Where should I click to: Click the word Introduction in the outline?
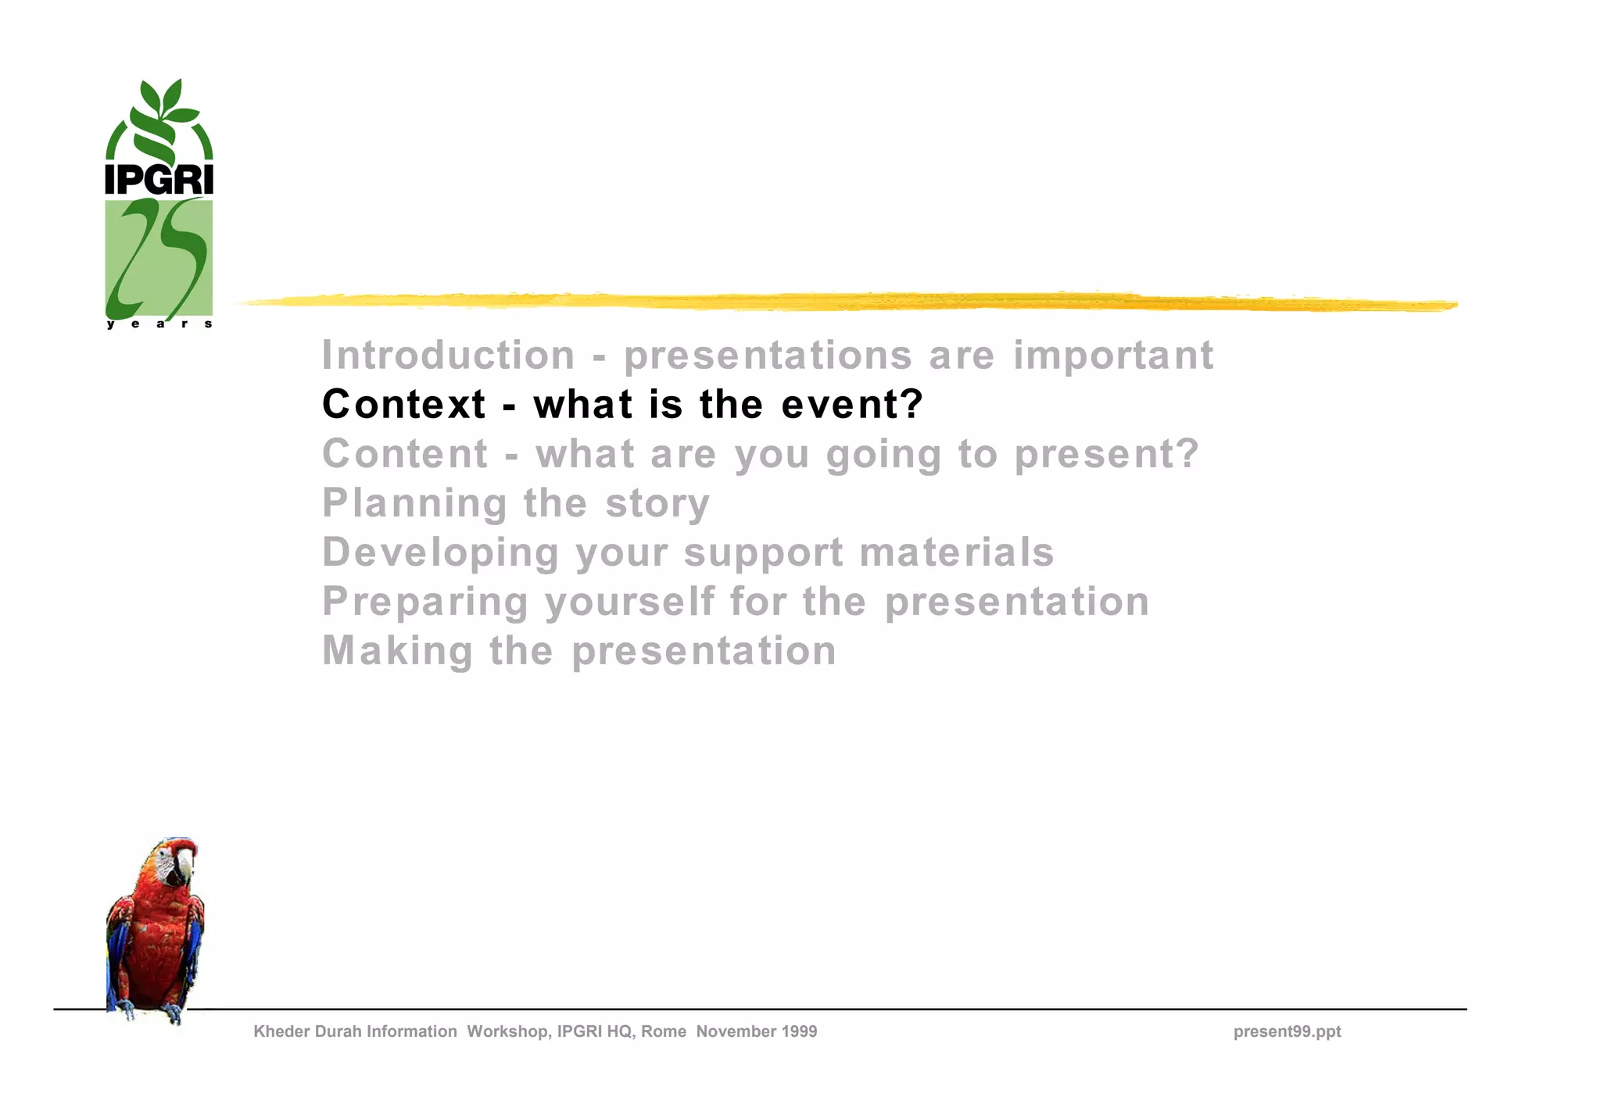tap(449, 356)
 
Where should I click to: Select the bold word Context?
tap(404, 405)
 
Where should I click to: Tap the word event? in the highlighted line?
tap(852, 405)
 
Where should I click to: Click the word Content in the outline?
tap(405, 454)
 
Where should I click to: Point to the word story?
tap(657, 503)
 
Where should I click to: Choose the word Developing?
tap(441, 552)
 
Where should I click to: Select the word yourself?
tap(629, 602)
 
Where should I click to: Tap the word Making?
tap(398, 651)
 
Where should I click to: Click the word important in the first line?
tap(1113, 356)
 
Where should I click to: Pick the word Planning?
tap(414, 503)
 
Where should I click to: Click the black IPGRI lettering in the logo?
tap(159, 180)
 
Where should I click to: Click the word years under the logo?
tap(159, 324)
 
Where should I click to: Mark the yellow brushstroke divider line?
tap(844, 302)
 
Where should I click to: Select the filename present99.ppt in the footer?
tap(1287, 1031)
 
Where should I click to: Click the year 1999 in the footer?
tap(797, 1031)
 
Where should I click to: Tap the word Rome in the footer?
tap(664, 1031)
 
